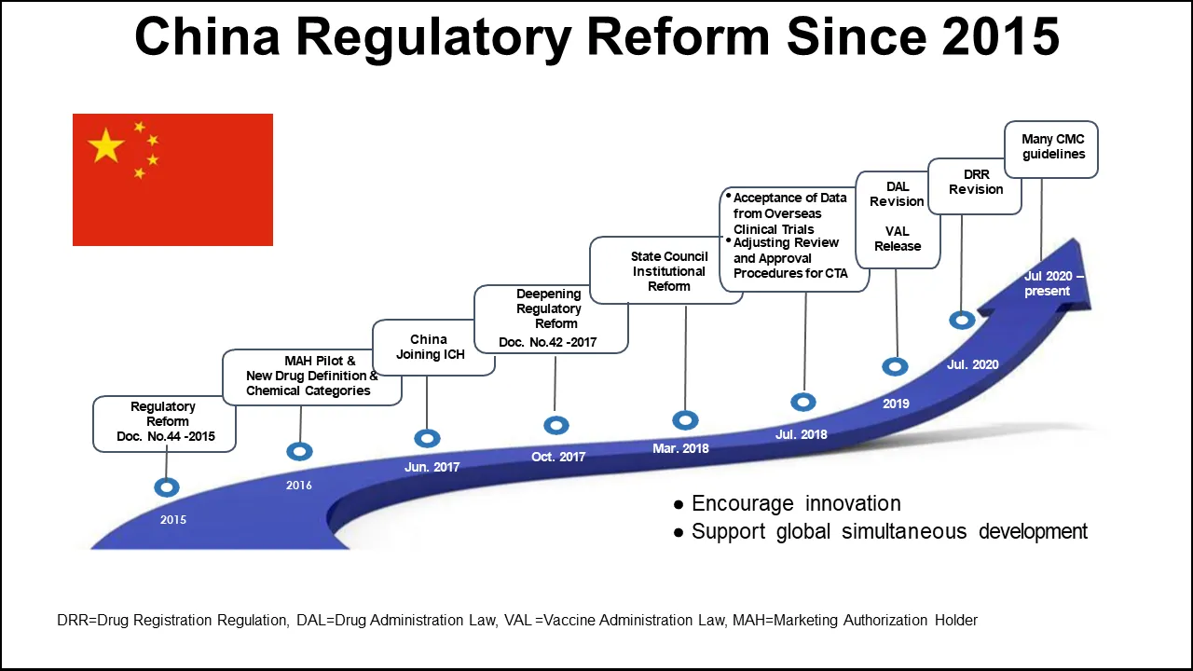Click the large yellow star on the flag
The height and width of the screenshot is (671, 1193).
(106, 146)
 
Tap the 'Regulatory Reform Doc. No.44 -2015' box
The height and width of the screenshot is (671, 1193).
(163, 422)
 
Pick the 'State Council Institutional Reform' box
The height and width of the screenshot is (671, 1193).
(668, 271)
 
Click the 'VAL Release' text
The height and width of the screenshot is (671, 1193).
(898, 239)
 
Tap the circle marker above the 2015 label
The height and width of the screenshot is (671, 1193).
(167, 486)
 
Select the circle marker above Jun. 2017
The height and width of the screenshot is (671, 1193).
(427, 438)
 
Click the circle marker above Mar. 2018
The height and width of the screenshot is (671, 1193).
(685, 421)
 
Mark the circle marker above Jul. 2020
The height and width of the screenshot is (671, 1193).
(962, 320)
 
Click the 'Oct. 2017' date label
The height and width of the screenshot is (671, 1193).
(558, 457)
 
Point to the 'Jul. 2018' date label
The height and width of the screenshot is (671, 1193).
(801, 434)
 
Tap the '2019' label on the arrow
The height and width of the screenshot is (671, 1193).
(896, 404)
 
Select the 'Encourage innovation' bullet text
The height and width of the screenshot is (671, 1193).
(795, 504)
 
